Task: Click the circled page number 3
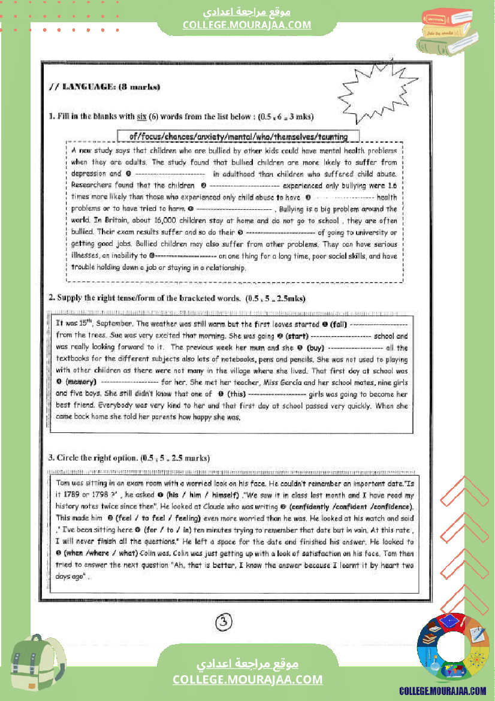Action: click(x=223, y=622)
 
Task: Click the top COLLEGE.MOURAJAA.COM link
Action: click(x=247, y=25)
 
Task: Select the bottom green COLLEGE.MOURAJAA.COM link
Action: click(x=248, y=679)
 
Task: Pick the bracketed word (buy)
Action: click(x=315, y=348)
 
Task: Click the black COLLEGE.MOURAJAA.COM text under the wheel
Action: click(x=442, y=691)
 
